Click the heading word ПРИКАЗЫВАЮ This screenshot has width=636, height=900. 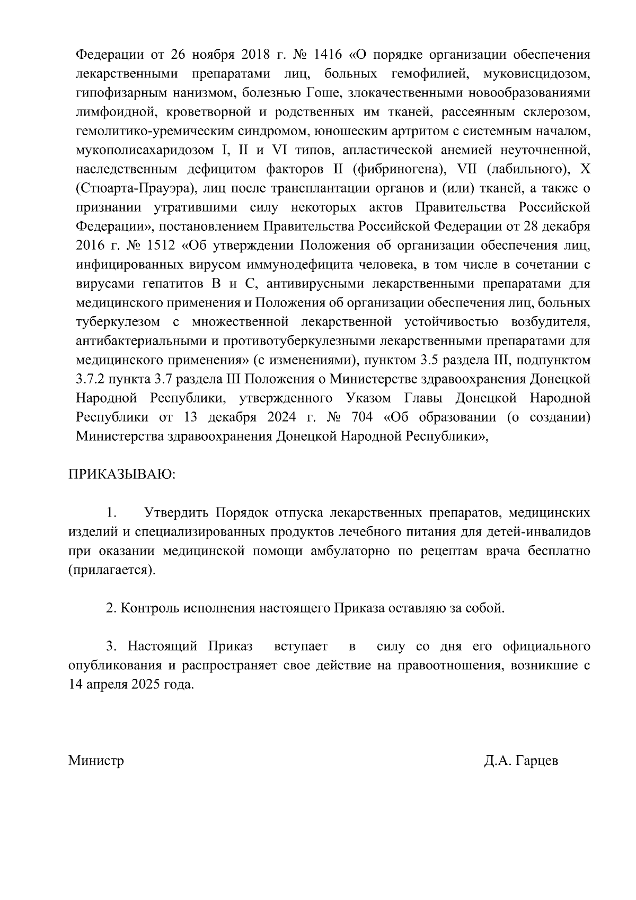[x=121, y=474]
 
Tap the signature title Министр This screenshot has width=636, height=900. [x=96, y=761]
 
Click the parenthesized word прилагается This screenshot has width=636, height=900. [x=112, y=570]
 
